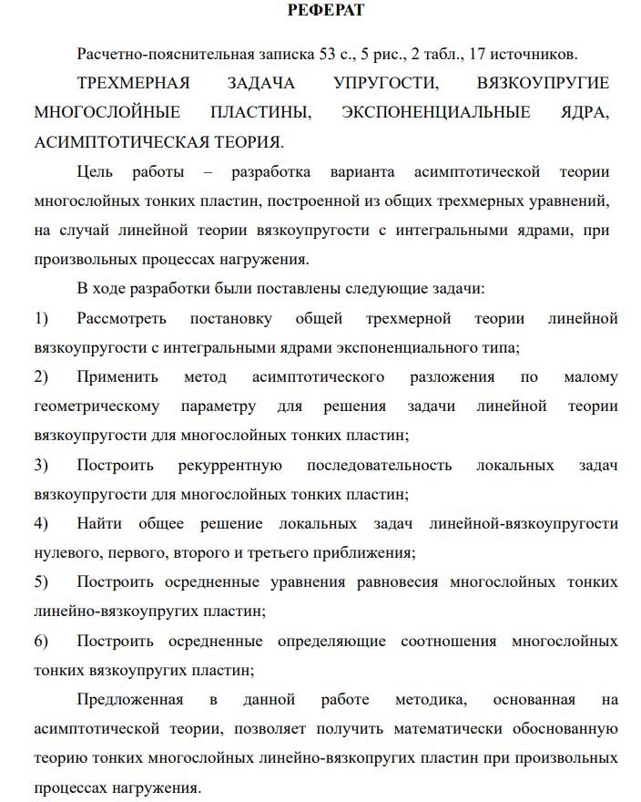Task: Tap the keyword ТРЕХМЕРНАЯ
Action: pos(134,83)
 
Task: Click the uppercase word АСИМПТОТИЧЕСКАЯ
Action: pos(114,141)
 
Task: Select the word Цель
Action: pos(96,171)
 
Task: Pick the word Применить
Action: pos(117,376)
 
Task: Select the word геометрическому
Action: pos(97,406)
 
